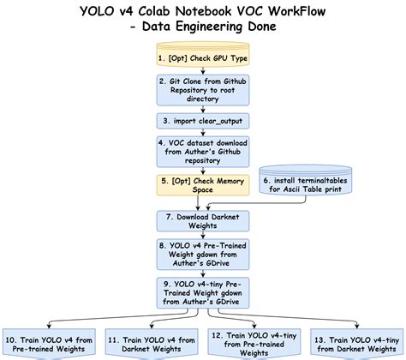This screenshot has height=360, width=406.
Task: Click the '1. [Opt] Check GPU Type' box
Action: [202, 58]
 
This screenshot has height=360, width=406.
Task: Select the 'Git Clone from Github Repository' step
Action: [202, 88]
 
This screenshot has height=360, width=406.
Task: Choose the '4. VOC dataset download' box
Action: [202, 152]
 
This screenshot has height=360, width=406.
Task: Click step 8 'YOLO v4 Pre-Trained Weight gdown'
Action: [202, 254]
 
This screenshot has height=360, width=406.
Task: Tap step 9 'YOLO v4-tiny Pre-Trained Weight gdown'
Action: [202, 292]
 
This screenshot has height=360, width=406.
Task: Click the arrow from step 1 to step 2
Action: [202, 72]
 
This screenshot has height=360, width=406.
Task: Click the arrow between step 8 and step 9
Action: [202, 272]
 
